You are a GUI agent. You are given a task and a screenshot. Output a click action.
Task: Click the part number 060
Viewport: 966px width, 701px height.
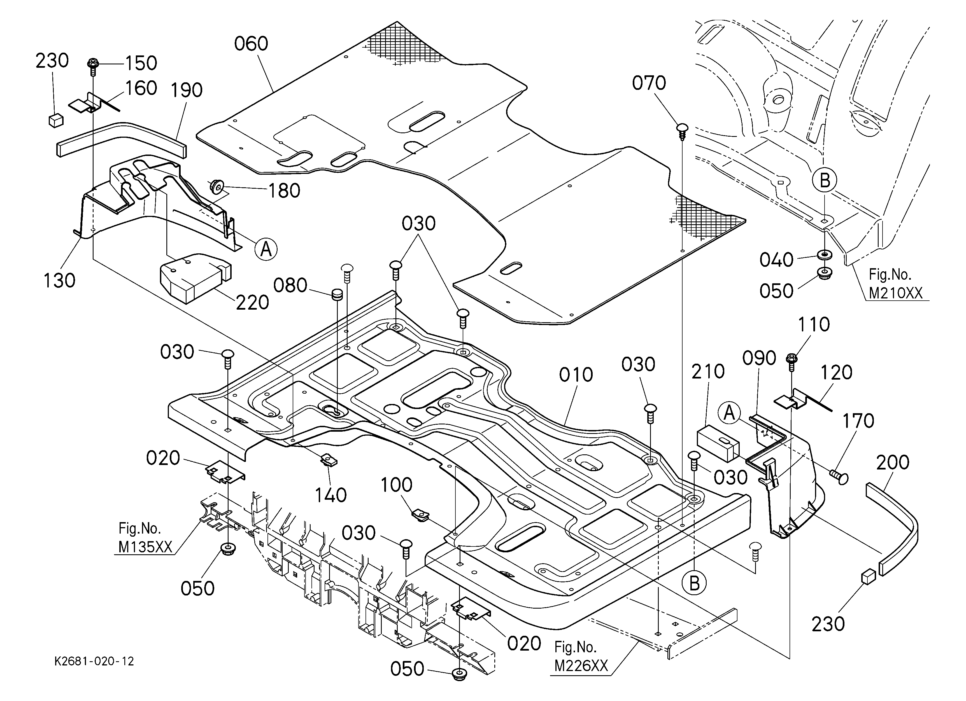(x=251, y=44)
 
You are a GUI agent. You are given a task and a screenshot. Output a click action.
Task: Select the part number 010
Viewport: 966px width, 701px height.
(x=576, y=375)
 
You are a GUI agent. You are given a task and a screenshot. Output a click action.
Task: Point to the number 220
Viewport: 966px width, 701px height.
(x=252, y=303)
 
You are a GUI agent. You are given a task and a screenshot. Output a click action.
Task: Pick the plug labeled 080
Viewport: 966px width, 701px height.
(x=337, y=295)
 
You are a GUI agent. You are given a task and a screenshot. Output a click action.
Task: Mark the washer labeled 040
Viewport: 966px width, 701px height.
(x=825, y=255)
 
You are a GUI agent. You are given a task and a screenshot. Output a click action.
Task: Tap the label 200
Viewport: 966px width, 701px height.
(x=893, y=462)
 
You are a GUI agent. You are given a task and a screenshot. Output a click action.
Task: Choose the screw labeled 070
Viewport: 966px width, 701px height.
(x=682, y=132)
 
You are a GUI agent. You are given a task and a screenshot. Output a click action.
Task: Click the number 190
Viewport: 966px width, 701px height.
(x=187, y=90)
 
